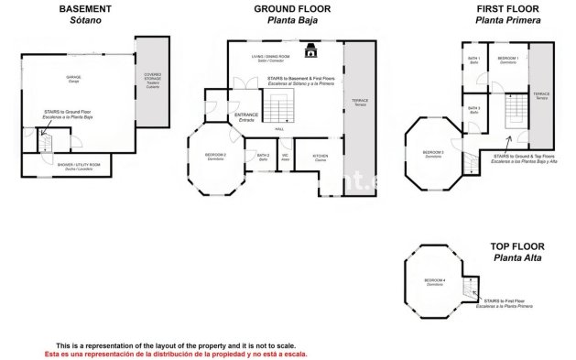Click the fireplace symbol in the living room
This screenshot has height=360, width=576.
(x=311, y=51)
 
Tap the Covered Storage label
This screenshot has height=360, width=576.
(x=151, y=79)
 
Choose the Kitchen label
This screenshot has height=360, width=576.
(x=320, y=157)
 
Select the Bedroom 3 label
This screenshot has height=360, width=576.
(x=433, y=154)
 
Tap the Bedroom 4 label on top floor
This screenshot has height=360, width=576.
(x=434, y=281)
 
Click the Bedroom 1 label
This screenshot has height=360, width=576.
(x=508, y=59)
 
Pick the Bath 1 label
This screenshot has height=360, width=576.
(x=474, y=59)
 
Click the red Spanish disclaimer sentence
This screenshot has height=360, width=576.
(x=176, y=353)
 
